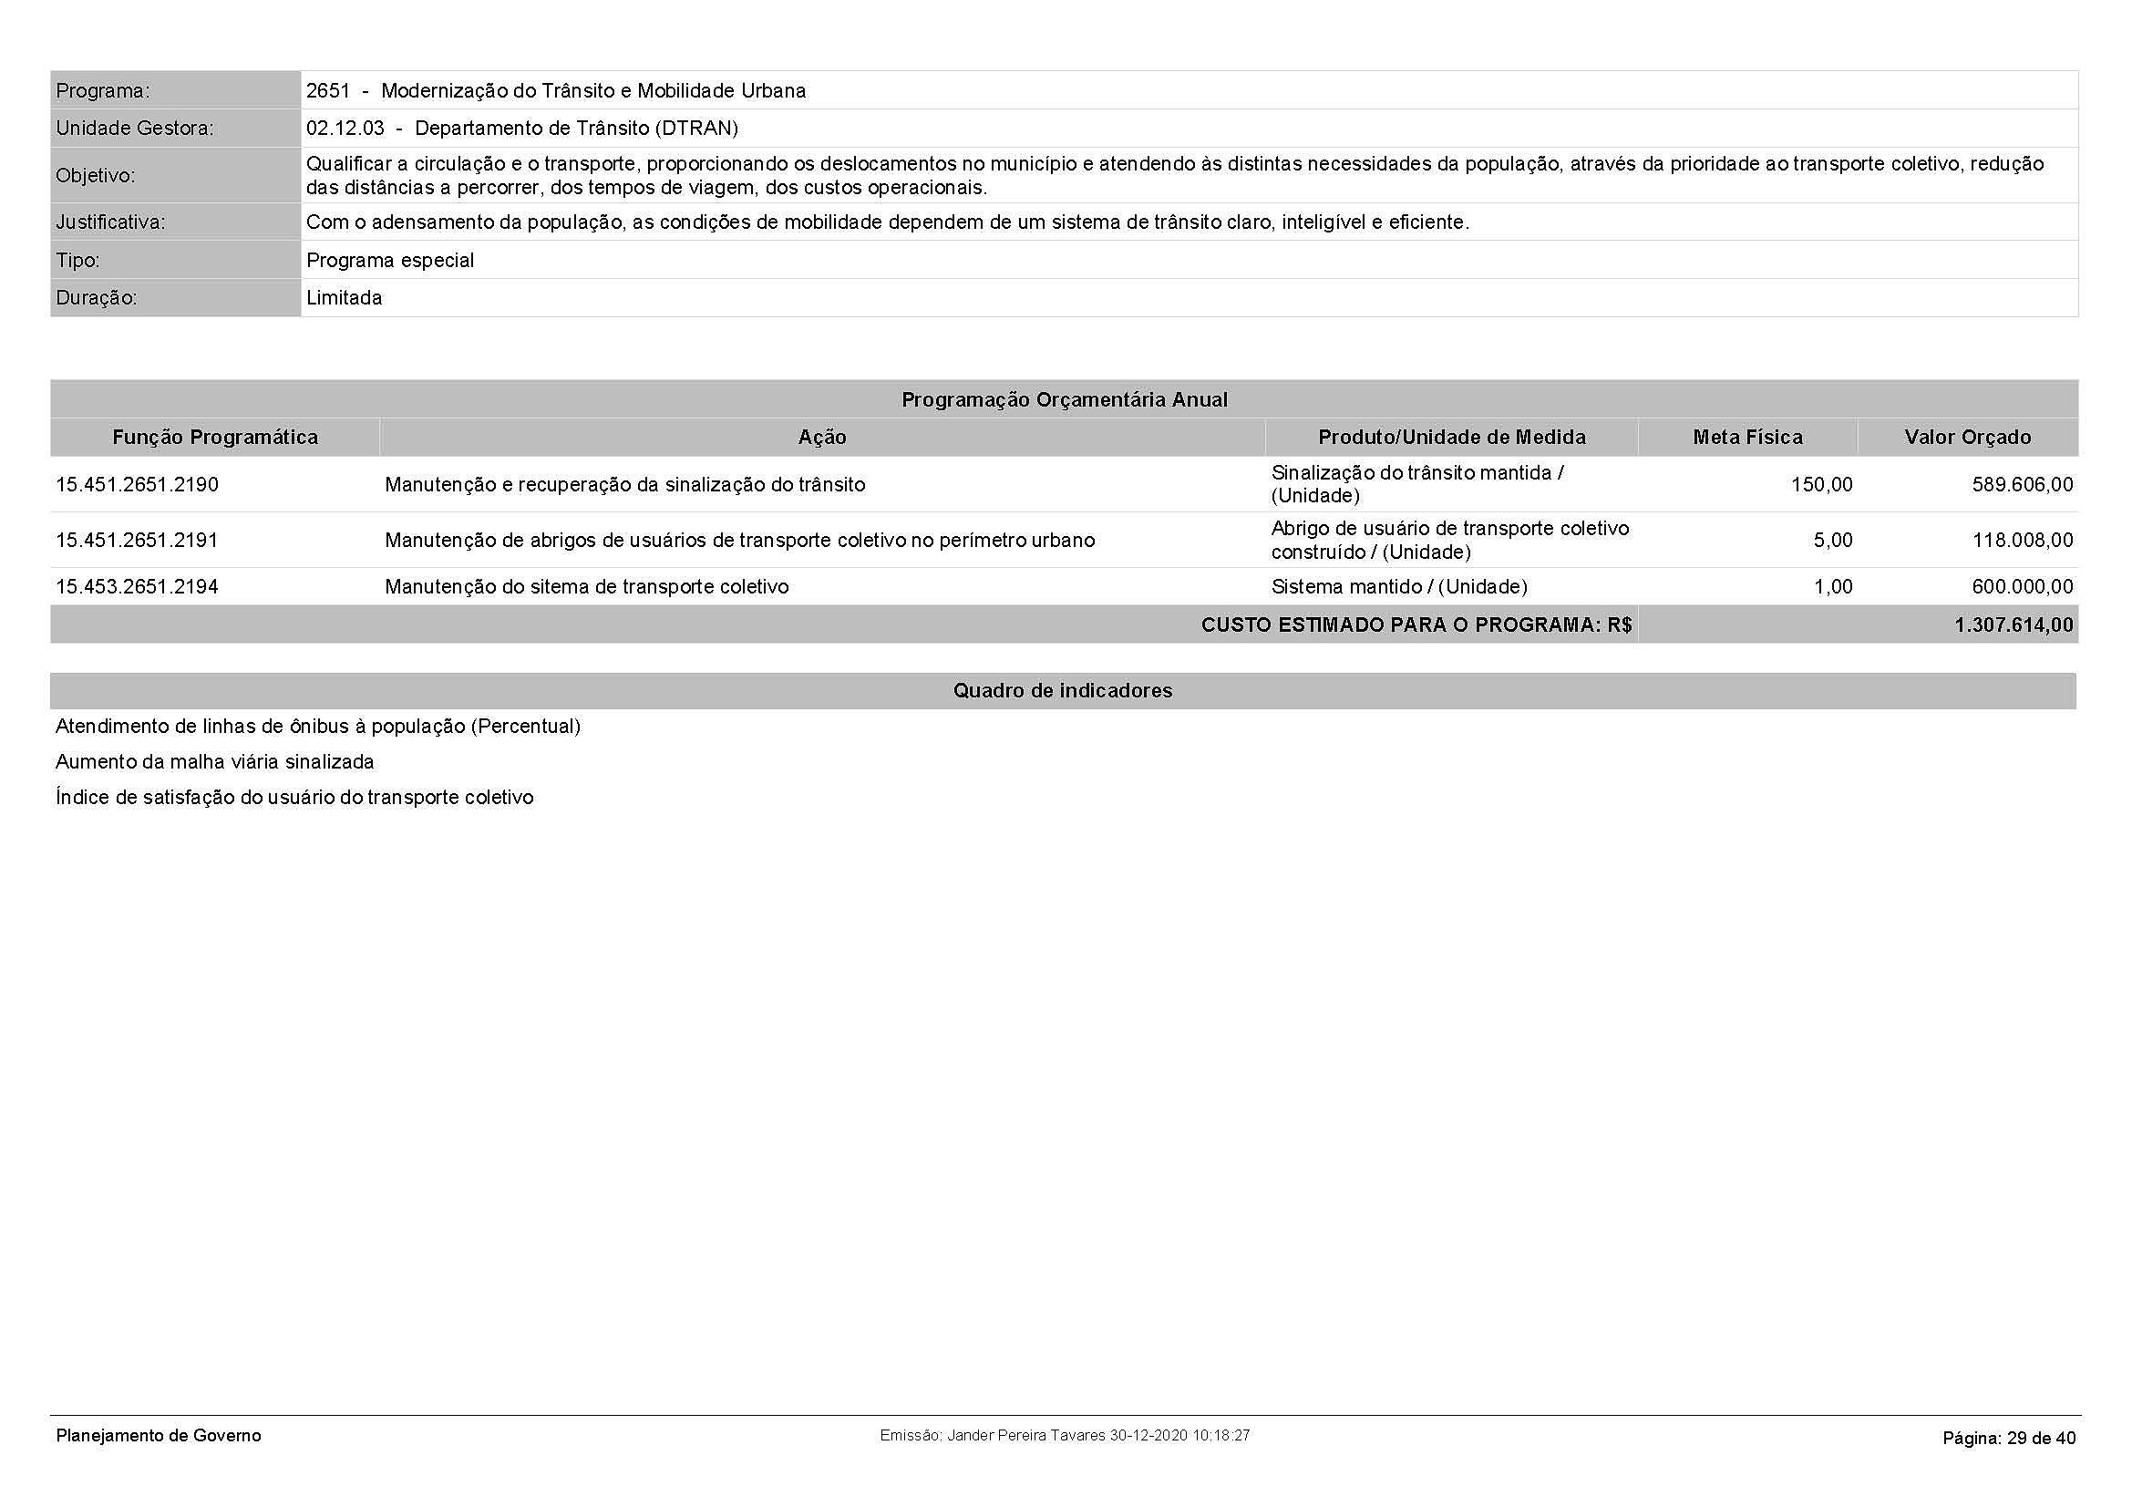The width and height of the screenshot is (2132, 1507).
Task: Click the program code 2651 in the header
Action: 328,91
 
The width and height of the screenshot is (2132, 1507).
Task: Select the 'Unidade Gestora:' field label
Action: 135,129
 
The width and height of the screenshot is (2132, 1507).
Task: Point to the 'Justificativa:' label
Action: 110,222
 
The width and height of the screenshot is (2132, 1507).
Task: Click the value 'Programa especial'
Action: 390,260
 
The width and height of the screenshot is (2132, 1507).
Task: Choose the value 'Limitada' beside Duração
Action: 344,298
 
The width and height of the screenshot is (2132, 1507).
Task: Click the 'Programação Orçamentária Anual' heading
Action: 1064,400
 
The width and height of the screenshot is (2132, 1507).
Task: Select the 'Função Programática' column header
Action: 215,438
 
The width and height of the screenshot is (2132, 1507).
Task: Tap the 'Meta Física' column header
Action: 1747,438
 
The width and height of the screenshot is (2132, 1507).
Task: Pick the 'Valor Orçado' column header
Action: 1968,438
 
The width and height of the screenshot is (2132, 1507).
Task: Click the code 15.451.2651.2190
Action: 138,485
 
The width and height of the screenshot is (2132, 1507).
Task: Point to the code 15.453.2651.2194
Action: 138,587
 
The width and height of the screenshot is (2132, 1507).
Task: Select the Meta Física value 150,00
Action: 1821,485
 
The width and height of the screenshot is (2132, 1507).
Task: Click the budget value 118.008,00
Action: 2022,541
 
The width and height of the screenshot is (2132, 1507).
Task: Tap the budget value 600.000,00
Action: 2022,587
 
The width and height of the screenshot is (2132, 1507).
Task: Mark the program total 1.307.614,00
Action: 2014,624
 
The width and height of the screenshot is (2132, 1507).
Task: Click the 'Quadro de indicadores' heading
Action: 1063,691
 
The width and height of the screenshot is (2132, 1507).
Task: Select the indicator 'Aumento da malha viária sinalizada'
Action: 214,762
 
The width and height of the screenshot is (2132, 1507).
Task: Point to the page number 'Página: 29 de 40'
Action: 2009,1439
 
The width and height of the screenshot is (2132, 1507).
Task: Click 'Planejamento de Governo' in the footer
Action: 159,1436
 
